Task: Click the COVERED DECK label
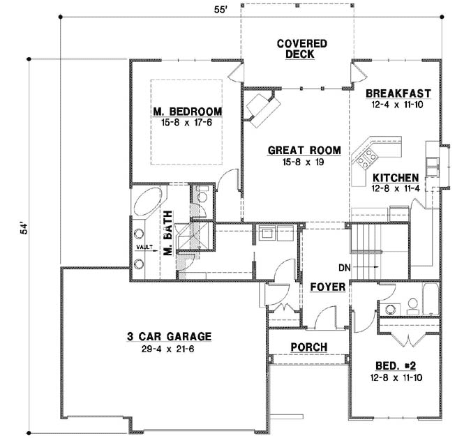pos(301,49)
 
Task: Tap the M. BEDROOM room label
pos(187,112)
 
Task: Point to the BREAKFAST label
pos(398,93)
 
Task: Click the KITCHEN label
pos(395,177)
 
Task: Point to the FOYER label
pos(324,286)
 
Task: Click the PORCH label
pos(309,347)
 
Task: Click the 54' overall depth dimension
pos(22,230)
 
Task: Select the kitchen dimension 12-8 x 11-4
pos(395,188)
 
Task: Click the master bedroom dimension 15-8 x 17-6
pos(187,122)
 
